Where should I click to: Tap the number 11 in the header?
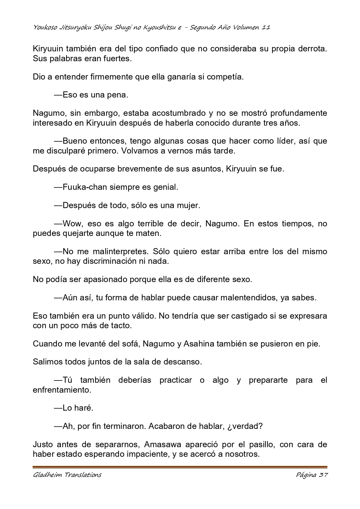coord(266,28)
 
